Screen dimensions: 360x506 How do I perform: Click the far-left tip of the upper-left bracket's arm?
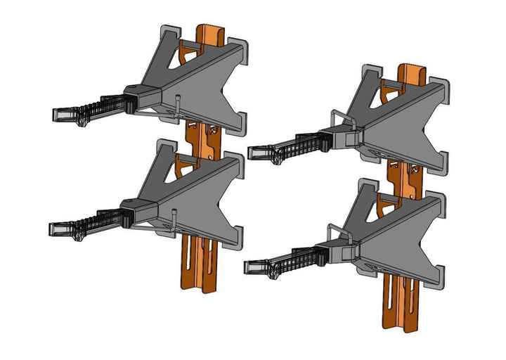[55, 112]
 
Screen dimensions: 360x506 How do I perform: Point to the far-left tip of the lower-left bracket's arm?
[51, 229]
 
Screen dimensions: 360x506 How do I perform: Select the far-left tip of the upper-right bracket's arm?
[251, 150]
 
